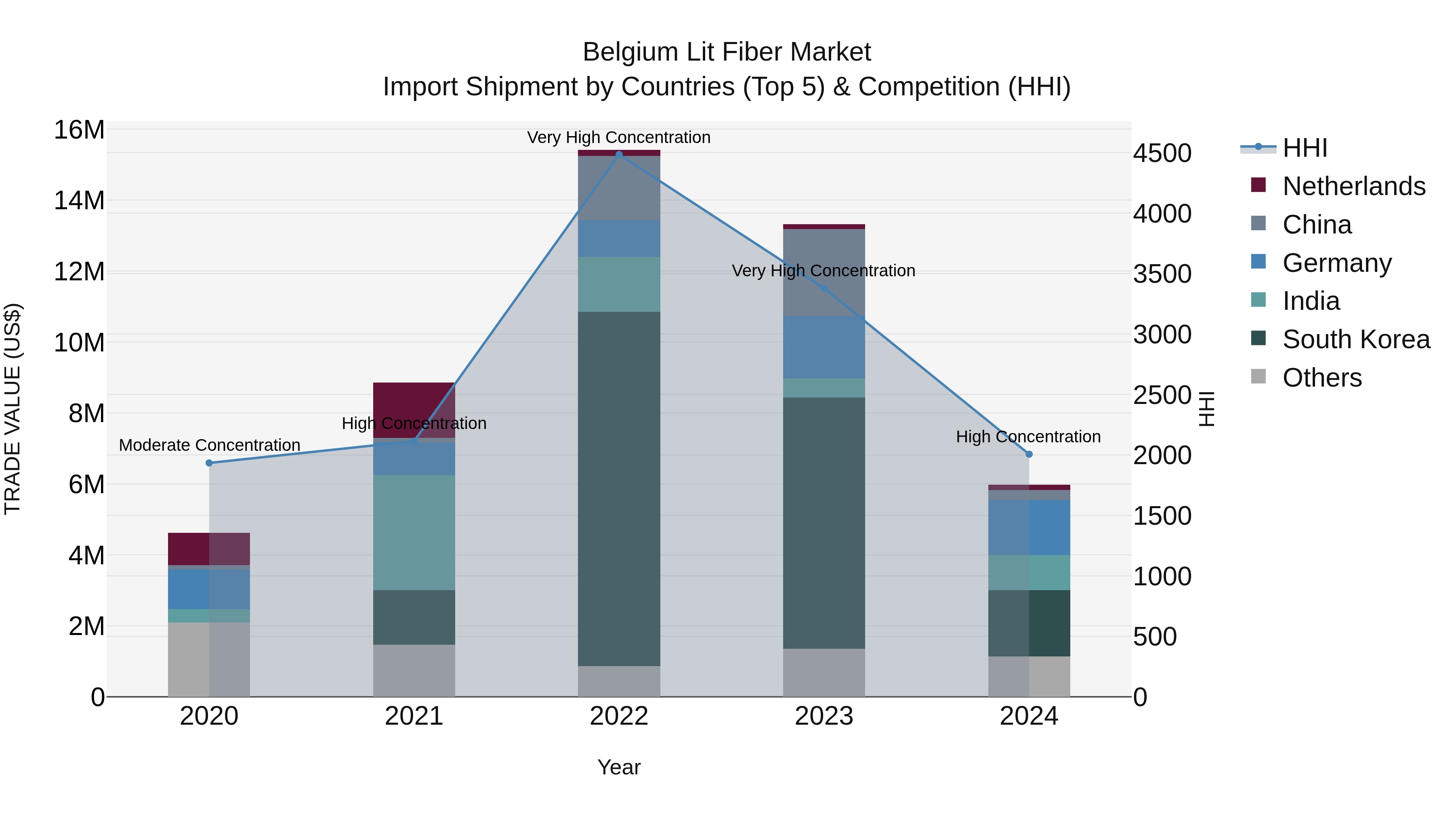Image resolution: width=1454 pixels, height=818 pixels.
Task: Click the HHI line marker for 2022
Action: point(619,154)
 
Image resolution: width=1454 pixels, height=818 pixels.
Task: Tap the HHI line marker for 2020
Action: point(209,463)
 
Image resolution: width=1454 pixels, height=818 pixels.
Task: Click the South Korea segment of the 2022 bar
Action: point(619,488)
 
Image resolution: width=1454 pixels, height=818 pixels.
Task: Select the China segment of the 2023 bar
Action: point(824,272)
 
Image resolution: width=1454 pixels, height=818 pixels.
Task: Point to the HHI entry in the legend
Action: point(1304,148)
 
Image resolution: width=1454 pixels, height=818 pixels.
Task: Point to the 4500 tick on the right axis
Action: point(1162,154)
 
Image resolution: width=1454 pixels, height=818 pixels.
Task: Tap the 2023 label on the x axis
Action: point(824,716)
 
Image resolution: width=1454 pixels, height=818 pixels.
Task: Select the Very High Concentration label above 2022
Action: point(619,137)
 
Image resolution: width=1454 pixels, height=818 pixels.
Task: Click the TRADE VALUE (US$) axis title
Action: point(13,409)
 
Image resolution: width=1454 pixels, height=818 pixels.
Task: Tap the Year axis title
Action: point(619,767)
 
